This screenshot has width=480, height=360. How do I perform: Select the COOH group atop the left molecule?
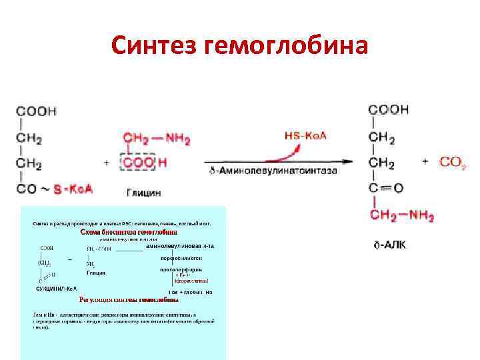(x=36, y=111)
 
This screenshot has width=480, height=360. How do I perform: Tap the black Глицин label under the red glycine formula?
(x=143, y=192)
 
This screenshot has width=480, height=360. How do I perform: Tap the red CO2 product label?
(x=453, y=162)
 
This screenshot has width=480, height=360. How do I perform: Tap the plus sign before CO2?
(x=425, y=162)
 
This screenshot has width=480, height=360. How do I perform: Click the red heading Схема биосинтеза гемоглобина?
(x=129, y=232)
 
